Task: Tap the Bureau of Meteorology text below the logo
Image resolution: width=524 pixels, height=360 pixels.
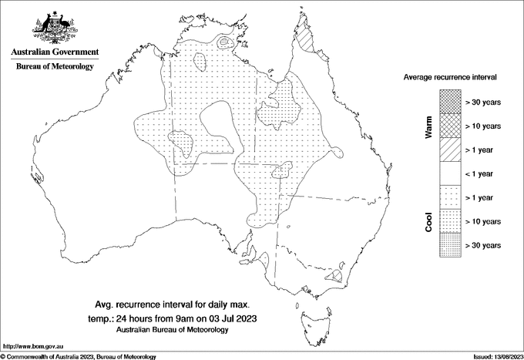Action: coord(55,67)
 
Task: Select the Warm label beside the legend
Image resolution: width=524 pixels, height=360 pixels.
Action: coord(428,126)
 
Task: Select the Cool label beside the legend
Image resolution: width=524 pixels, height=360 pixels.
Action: coord(428,221)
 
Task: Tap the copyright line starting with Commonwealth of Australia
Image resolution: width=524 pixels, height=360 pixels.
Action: coord(81,356)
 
